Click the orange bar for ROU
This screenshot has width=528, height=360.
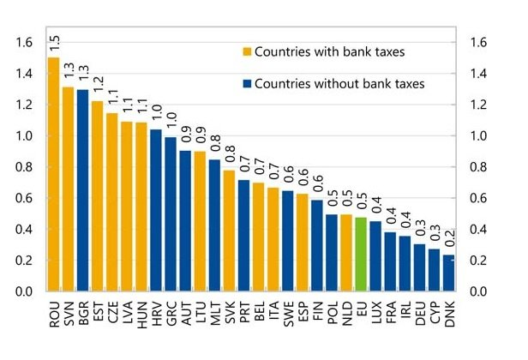pyautogui.click(x=54, y=175)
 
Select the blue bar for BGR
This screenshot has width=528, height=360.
pyautogui.click(x=82, y=190)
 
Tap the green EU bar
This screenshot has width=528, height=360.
pyautogui.click(x=361, y=255)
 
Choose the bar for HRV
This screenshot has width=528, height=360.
pyautogui.click(x=155, y=211)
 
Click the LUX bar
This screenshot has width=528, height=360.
pyautogui.click(x=375, y=256)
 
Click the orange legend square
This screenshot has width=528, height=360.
pyautogui.click(x=249, y=53)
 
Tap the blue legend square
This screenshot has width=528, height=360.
pyautogui.click(x=249, y=84)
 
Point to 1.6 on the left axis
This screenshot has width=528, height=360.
pyautogui.click(x=26, y=42)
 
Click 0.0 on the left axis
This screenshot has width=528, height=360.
pyautogui.click(x=26, y=292)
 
